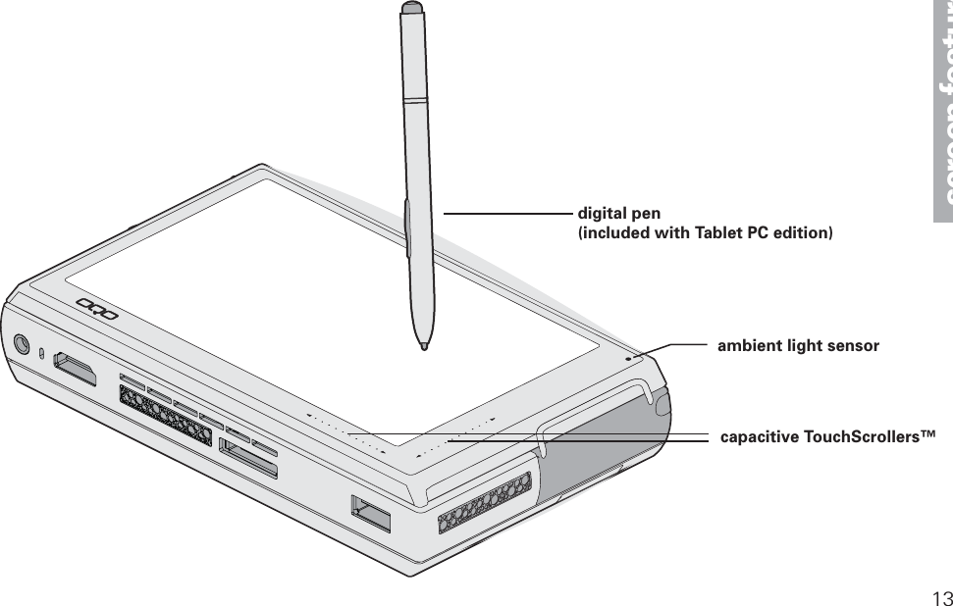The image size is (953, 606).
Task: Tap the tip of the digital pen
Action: pyautogui.click(x=423, y=345)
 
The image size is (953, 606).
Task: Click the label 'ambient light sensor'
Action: pyautogui.click(x=798, y=346)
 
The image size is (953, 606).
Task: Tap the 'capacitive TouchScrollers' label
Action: pyautogui.click(x=827, y=434)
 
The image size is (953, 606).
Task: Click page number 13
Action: pyautogui.click(x=942, y=598)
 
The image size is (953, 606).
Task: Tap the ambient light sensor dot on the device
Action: pyautogui.click(x=629, y=357)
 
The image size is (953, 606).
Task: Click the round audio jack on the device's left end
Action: pyautogui.click(x=22, y=345)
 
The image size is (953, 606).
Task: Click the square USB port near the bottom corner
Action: pyautogui.click(x=370, y=514)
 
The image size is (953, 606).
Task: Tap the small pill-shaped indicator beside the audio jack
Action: pyautogui.click(x=41, y=352)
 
